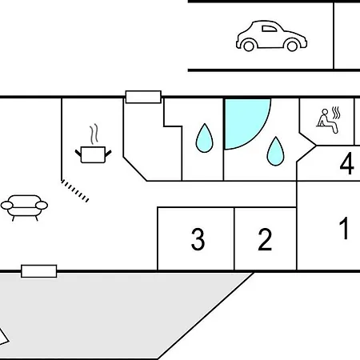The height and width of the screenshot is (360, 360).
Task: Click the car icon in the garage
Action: (271, 36)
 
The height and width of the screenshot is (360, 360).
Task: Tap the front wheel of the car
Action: (292, 46)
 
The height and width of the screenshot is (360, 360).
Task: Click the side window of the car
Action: (270, 29)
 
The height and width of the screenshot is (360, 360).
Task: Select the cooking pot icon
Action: (93, 154)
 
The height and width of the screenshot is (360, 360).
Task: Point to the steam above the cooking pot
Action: (94, 134)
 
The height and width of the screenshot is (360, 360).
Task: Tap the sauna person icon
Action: (328, 120)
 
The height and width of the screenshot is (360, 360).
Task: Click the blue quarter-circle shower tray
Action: (244, 120)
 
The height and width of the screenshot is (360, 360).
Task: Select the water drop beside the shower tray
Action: (275, 151)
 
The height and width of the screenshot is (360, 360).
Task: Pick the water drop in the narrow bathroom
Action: (205, 138)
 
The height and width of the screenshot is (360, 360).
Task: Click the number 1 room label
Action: (344, 228)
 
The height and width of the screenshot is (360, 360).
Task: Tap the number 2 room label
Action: (265, 239)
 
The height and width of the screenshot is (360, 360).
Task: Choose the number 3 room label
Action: (198, 239)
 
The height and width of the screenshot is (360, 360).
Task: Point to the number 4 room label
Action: (347, 163)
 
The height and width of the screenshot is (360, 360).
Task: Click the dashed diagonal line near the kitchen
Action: (75, 191)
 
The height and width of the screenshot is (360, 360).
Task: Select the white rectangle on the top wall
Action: (143, 97)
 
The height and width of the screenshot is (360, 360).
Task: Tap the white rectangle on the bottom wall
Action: (39, 271)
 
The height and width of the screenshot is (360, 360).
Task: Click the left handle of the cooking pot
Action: (78, 153)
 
